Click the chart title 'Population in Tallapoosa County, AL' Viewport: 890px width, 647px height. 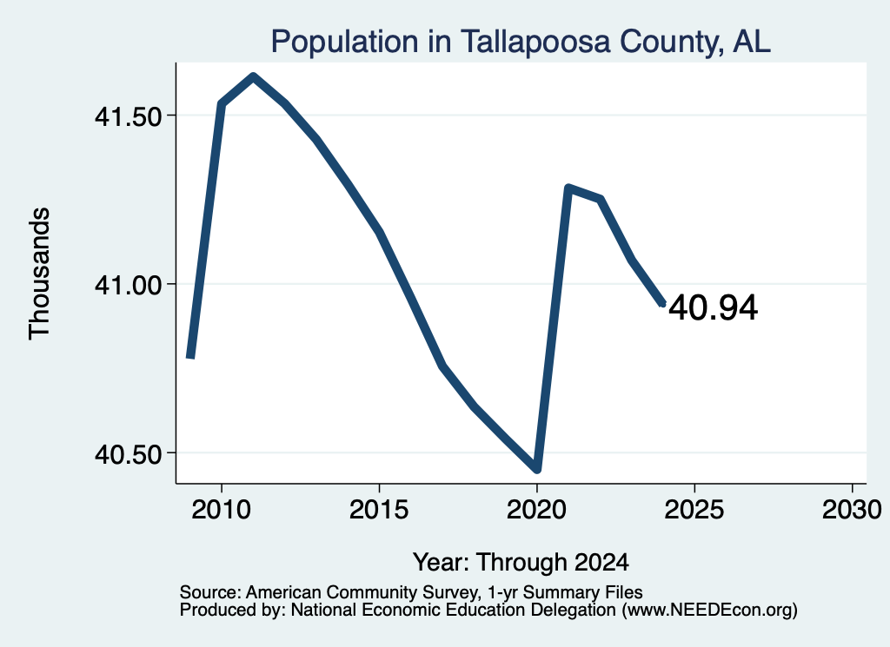click(521, 42)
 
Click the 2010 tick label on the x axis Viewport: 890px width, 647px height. click(221, 510)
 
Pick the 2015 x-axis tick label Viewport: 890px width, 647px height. click(379, 510)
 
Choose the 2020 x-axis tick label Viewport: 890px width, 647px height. click(536, 510)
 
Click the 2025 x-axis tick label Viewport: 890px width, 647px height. click(694, 510)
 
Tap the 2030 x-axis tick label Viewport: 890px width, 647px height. click(852, 510)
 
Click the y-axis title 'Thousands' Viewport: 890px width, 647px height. click(40, 274)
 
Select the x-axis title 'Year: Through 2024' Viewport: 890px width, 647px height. click(521, 563)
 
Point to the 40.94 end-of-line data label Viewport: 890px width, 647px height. click(713, 308)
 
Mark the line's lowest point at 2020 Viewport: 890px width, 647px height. click(536, 469)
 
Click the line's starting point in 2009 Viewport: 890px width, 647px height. click(190, 357)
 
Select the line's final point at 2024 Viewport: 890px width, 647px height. click(661, 304)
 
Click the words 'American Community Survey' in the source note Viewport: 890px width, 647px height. click(362, 592)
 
